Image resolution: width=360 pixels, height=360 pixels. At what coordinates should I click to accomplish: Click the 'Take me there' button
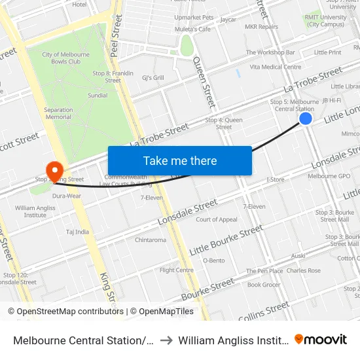[179, 160]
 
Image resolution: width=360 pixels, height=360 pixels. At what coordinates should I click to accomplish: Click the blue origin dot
[306, 118]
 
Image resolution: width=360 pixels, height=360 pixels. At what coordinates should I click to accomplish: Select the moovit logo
[320, 340]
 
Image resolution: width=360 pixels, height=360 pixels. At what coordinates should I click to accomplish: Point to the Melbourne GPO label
[330, 176]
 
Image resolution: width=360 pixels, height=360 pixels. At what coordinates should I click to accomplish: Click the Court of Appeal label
[217, 219]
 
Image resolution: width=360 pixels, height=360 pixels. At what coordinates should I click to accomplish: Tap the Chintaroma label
[151, 240]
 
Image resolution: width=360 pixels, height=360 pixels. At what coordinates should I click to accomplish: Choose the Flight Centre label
[176, 270]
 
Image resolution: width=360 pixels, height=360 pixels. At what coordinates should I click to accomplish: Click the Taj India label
[77, 232]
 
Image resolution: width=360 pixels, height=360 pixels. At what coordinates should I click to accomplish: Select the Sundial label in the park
[98, 95]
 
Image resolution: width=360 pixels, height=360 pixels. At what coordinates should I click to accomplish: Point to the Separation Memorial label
[58, 113]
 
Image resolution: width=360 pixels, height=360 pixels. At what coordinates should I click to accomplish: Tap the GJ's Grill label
[153, 78]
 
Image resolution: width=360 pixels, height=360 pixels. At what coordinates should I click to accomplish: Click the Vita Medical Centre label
[275, 67]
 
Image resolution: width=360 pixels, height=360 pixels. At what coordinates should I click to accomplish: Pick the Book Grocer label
[264, 285]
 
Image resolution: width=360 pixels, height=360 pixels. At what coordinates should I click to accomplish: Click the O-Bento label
[213, 260]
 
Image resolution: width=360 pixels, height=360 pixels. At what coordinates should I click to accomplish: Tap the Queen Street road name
[204, 82]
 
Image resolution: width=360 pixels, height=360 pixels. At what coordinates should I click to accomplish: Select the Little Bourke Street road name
[226, 242]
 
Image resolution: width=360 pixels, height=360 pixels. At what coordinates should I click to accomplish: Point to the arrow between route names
[166, 340]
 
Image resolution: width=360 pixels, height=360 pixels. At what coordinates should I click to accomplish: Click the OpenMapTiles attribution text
[163, 312]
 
